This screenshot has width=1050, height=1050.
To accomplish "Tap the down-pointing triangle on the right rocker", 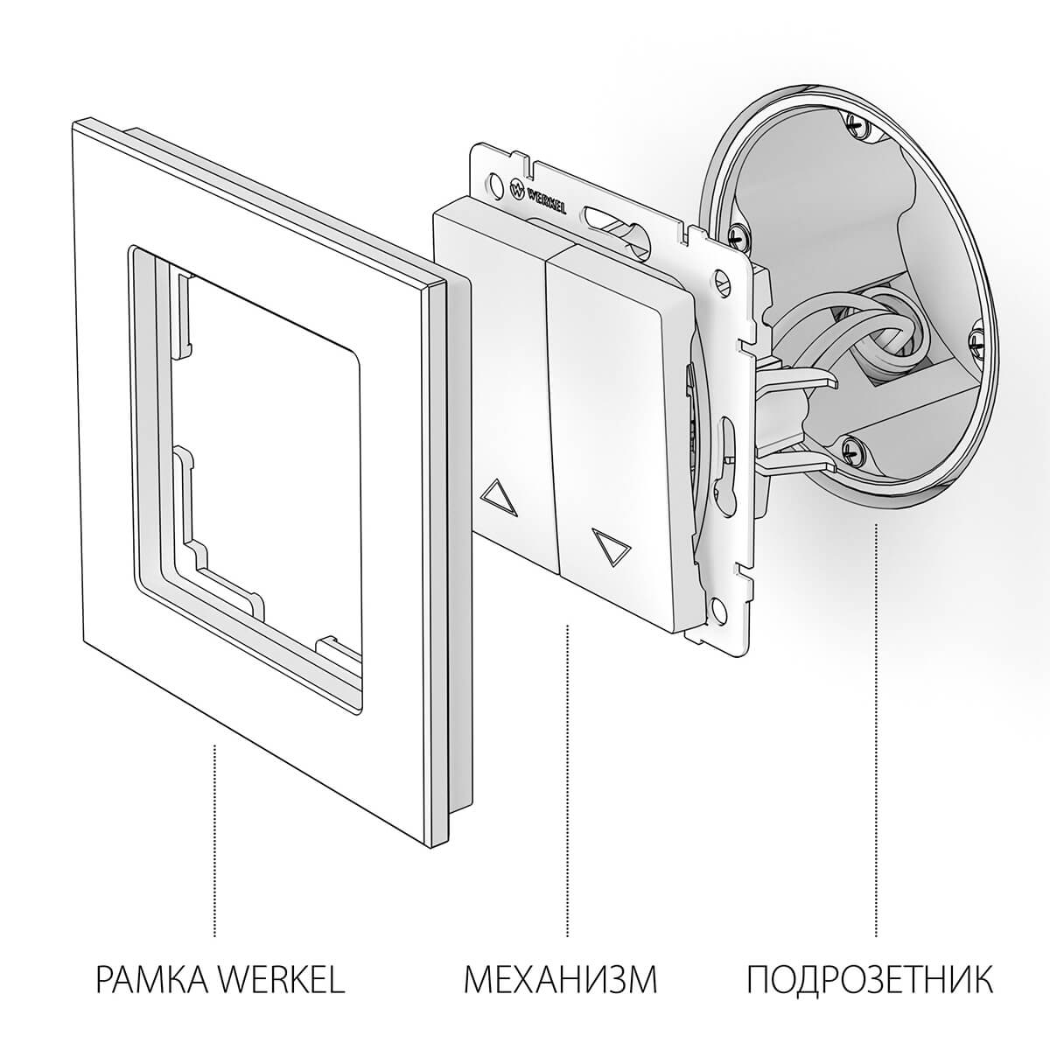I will tap(610, 543).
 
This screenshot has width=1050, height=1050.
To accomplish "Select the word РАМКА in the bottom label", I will tap(150, 979).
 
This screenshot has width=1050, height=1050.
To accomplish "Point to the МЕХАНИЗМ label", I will tap(560, 979).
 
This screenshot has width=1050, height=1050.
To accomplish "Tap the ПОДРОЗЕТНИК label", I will tap(871, 979).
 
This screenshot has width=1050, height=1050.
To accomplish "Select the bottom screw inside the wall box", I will tap(854, 451).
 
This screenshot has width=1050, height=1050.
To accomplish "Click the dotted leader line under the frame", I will tap(215, 840).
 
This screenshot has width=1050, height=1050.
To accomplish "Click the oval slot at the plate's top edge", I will tap(605, 213).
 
